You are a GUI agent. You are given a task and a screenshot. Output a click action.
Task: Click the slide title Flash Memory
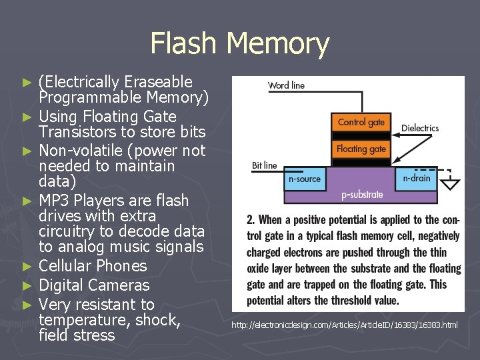(x=240, y=43)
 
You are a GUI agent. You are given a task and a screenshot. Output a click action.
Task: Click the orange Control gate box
(x=361, y=122)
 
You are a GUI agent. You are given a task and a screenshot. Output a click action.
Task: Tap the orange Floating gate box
(x=361, y=149)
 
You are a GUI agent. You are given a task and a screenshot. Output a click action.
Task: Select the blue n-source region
(x=305, y=178)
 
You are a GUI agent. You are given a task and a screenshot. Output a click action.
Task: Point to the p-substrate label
(x=362, y=195)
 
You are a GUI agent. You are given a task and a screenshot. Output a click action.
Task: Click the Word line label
(x=286, y=85)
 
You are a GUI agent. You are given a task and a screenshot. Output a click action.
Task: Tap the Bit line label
(x=264, y=165)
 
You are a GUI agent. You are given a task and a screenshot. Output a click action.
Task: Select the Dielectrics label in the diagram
(x=420, y=128)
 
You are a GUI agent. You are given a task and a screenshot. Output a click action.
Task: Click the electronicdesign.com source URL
(x=345, y=325)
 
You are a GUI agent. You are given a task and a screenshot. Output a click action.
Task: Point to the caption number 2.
(x=250, y=220)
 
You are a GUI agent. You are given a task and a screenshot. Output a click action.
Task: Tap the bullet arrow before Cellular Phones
(x=27, y=267)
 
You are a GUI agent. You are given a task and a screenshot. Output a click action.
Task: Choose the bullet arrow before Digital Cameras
(x=27, y=286)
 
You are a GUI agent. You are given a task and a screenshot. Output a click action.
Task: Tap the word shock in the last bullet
(x=157, y=320)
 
